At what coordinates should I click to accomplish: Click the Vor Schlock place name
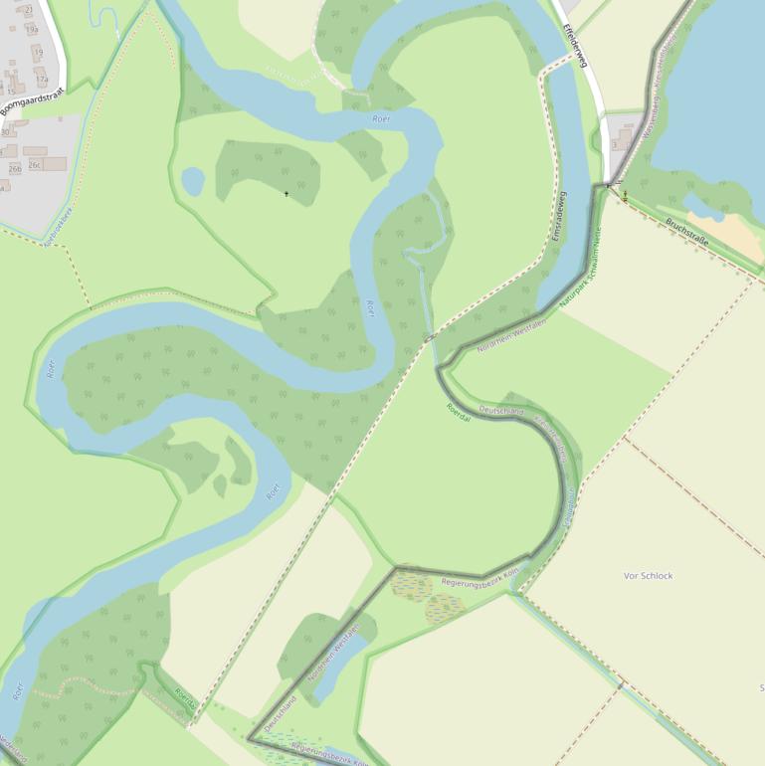(x=648, y=576)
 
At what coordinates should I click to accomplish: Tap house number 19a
(x=32, y=30)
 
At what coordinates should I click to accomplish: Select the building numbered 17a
(x=42, y=79)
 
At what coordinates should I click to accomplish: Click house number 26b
(x=14, y=169)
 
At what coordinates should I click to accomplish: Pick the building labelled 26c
(x=36, y=165)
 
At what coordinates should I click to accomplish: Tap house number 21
(x=28, y=9)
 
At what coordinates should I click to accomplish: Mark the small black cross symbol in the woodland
(x=287, y=193)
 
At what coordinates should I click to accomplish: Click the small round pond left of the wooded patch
(x=193, y=181)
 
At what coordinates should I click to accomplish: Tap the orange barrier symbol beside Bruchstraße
(x=625, y=196)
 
